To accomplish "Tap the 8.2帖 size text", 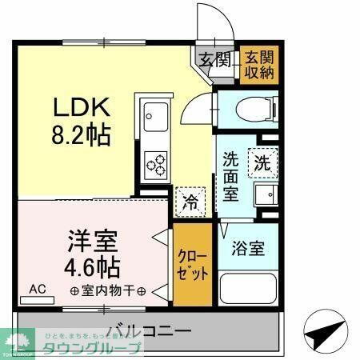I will tap(82, 134).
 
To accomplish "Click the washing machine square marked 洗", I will tap(262, 163).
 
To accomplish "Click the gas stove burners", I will tap(154, 165).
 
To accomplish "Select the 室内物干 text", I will tap(106, 290).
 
